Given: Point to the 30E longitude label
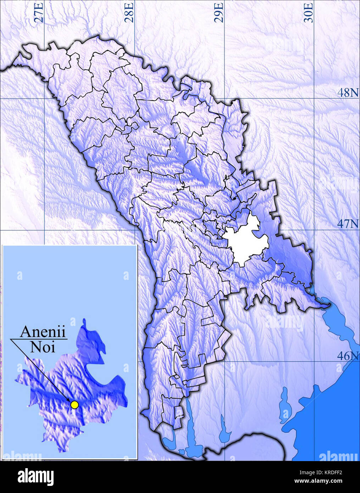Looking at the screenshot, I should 310,12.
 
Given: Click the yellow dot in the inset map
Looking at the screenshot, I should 74,404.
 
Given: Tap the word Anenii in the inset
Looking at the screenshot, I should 43,332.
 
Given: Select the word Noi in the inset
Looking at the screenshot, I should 43,347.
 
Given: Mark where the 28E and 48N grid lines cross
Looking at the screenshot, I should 135,98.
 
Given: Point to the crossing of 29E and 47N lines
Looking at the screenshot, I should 225,230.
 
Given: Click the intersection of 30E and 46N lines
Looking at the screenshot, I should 314,361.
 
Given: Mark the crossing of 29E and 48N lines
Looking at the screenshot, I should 225,98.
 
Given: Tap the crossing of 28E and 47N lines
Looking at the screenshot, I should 135,230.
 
